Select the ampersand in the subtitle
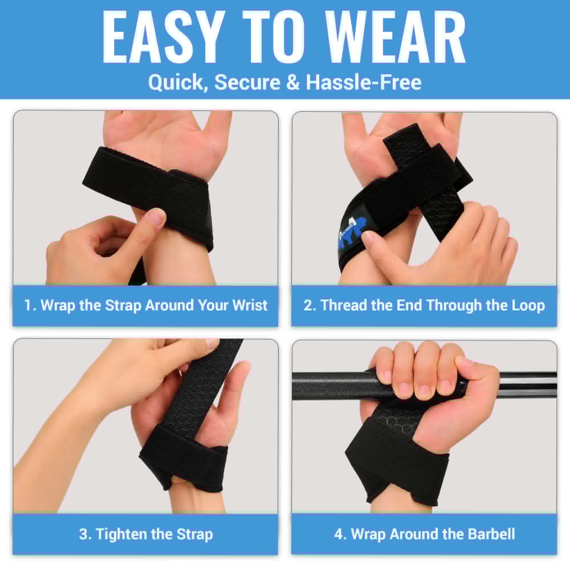[x=293, y=82]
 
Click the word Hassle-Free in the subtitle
[x=363, y=82]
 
